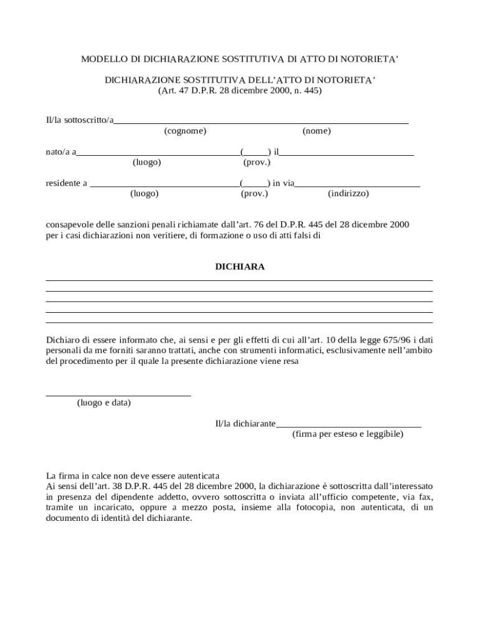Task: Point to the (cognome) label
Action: point(185,131)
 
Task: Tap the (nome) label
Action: point(317,131)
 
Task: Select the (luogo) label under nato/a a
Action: point(147,162)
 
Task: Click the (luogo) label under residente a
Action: point(144,193)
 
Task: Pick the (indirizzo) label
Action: point(348,193)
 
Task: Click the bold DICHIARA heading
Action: point(240,267)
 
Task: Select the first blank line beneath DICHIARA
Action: point(239,280)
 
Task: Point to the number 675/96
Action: point(386,340)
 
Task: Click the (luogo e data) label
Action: point(104,402)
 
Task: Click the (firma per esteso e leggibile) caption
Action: point(348,434)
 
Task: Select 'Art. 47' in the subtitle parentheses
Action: point(174,90)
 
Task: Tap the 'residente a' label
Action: point(67,183)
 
